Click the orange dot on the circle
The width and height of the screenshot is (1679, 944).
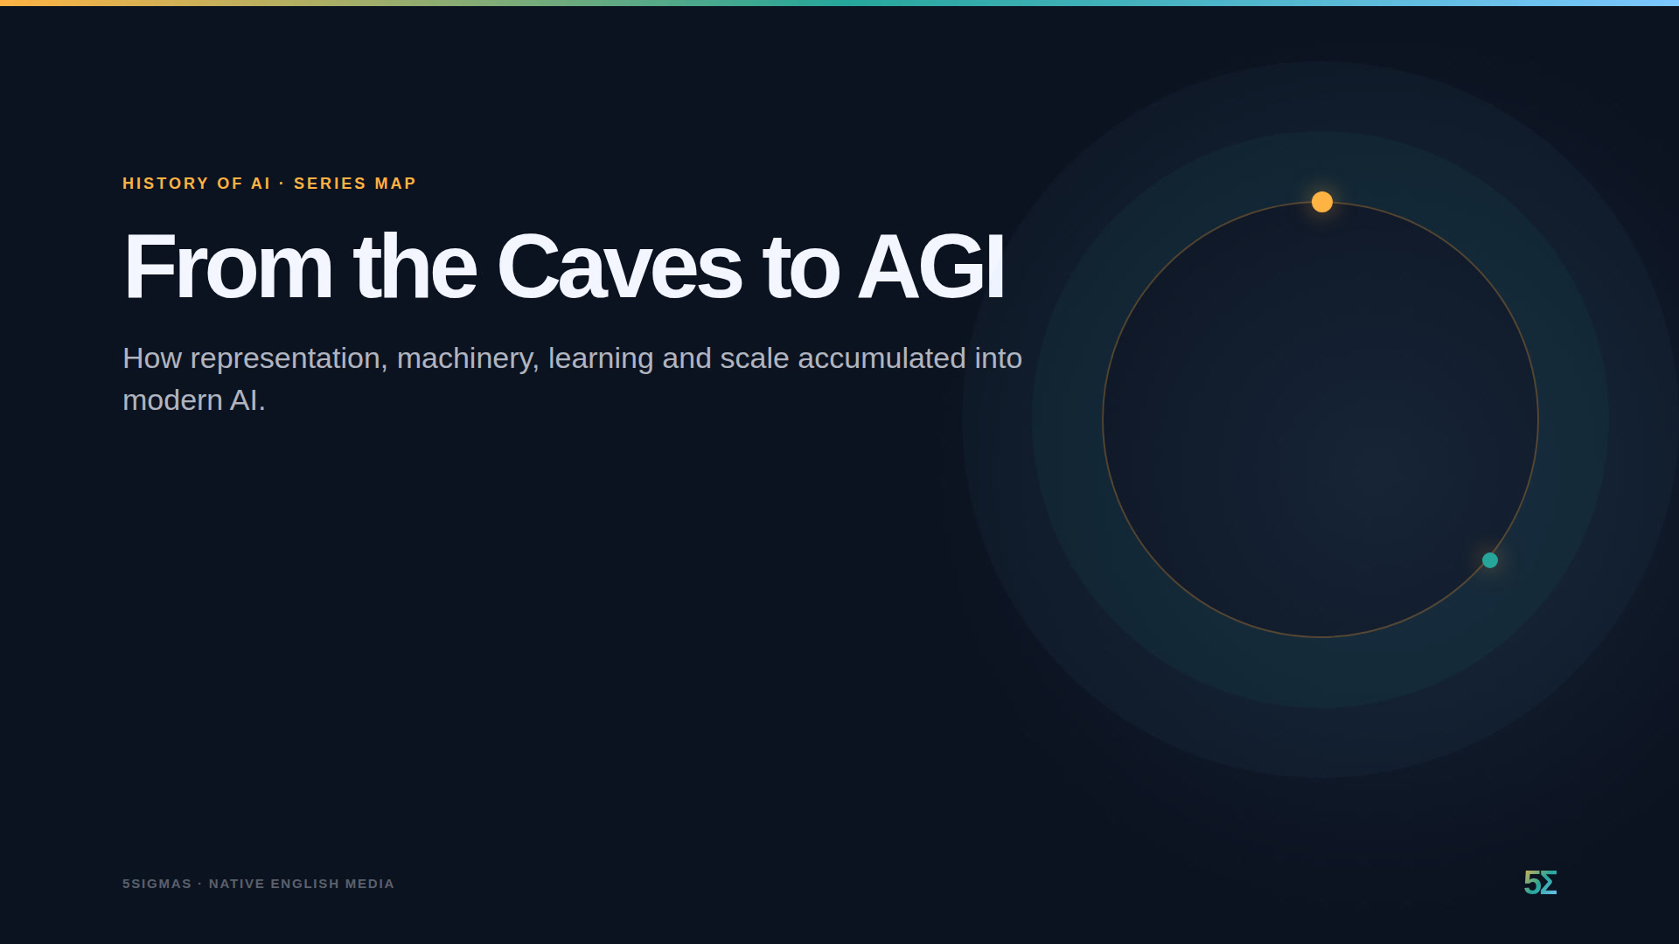1322,202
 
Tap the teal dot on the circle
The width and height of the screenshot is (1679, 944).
1490,560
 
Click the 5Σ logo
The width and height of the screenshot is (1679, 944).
1540,883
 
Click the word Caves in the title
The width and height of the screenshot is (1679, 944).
619,267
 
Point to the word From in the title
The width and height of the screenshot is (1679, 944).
227,267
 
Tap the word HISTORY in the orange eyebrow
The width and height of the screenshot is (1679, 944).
165,184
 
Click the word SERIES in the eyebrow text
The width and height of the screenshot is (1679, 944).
330,184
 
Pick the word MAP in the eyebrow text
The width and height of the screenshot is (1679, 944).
395,184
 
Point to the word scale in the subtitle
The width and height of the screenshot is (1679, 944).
754,358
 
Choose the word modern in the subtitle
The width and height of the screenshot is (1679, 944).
172,400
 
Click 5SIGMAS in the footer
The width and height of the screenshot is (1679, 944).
157,884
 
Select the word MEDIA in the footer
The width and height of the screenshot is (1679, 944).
370,884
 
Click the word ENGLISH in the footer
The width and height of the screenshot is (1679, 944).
304,884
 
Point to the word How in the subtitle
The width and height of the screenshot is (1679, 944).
152,358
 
